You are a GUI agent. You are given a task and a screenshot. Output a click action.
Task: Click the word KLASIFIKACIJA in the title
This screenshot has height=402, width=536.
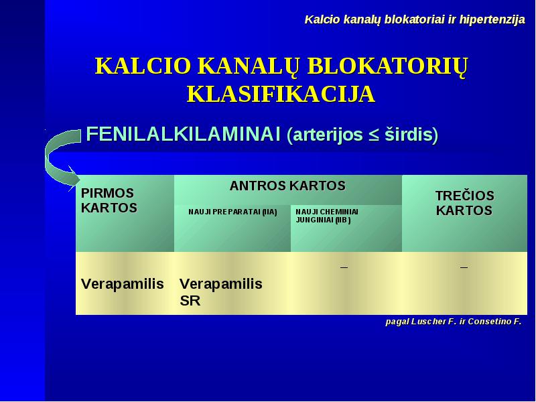tap(281, 94)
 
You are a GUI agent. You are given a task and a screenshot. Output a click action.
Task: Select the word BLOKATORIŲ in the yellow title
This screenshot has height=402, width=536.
tap(387, 66)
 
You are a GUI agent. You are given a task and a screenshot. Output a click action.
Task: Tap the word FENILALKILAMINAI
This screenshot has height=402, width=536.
tap(183, 133)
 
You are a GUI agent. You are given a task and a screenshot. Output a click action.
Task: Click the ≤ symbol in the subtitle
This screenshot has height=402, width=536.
tap(373, 135)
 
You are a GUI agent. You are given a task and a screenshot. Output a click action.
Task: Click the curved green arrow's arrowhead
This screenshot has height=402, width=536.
tap(73, 178)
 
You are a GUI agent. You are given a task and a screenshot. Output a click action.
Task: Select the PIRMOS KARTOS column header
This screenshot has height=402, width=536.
tap(109, 200)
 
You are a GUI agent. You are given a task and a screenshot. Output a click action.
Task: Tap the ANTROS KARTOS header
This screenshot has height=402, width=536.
tap(287, 186)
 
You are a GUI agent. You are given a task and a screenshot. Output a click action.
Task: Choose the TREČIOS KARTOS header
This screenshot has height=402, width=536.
tap(464, 203)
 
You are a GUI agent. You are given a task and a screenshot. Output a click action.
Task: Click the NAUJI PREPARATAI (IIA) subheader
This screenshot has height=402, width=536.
tap(232, 212)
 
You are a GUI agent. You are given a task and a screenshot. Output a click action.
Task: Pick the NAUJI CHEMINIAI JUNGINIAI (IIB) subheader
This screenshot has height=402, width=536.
tap(327, 216)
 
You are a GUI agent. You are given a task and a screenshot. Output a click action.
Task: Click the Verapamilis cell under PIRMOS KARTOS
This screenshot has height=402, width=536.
tap(123, 284)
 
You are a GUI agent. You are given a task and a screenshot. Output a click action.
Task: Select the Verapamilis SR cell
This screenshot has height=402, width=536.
tap(221, 292)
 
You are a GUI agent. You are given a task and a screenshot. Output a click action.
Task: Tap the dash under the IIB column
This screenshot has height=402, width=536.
tap(344, 267)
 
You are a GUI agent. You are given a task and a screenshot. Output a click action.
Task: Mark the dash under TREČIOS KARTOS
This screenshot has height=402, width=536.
tap(464, 267)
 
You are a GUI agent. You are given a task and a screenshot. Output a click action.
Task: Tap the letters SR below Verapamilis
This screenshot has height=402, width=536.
tap(190, 301)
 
